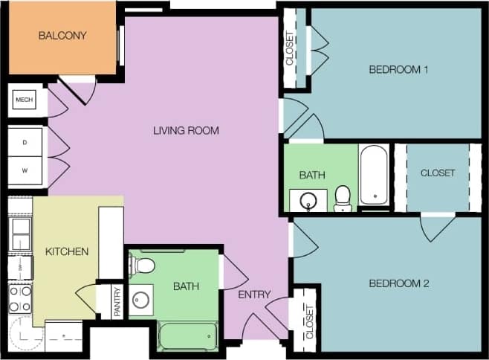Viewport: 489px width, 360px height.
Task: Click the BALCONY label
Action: point(62,35)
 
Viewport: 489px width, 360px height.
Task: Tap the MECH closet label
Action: point(24,100)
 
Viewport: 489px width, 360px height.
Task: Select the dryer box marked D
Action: point(24,141)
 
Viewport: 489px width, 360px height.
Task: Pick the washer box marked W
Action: point(24,170)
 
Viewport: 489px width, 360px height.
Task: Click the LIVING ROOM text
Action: point(186,131)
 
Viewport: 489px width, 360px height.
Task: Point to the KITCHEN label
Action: point(67,251)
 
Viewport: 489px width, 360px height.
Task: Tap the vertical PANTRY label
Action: point(116,303)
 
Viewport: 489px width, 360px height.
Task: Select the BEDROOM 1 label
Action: point(399,70)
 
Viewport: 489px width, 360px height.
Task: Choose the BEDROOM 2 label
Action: point(399,283)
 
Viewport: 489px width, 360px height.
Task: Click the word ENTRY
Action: point(254,295)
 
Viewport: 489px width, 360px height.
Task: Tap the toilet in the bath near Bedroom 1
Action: point(343,198)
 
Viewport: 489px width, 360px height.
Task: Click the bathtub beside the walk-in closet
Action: point(374,174)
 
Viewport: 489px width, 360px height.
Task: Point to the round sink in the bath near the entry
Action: point(140,300)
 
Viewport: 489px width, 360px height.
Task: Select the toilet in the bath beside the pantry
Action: point(145,264)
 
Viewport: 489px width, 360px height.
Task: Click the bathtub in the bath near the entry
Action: point(188,335)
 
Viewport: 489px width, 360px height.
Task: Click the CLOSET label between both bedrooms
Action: point(438,173)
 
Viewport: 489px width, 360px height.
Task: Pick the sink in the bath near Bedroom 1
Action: point(308,200)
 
